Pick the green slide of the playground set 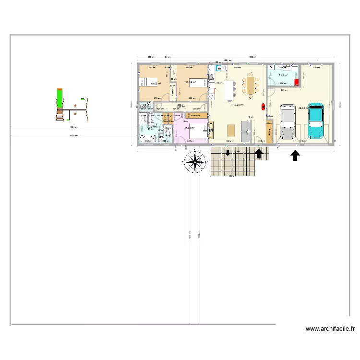click(x=60, y=98)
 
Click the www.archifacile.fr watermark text click(x=330, y=329)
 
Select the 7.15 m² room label click(x=283, y=75)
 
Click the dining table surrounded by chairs click(x=250, y=84)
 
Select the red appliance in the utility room click(x=297, y=82)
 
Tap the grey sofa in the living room click(x=246, y=130)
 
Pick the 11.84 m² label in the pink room click(x=189, y=128)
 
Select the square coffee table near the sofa click(x=231, y=130)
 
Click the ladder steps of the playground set click(x=60, y=116)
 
